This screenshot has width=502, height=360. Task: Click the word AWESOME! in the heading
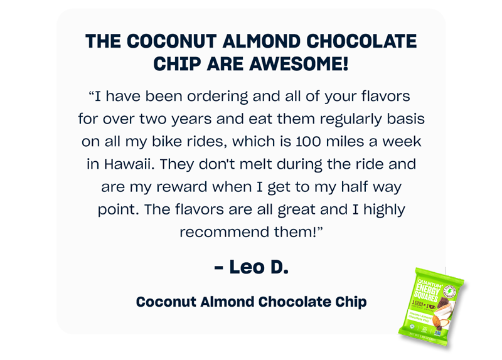301,63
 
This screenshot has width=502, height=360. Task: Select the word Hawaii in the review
127,164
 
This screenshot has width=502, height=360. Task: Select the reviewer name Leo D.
251,267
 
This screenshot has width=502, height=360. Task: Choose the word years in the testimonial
209,119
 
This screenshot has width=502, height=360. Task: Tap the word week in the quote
404,142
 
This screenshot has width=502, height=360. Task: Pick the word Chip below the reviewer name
351,302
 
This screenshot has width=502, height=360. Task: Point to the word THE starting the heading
103,41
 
